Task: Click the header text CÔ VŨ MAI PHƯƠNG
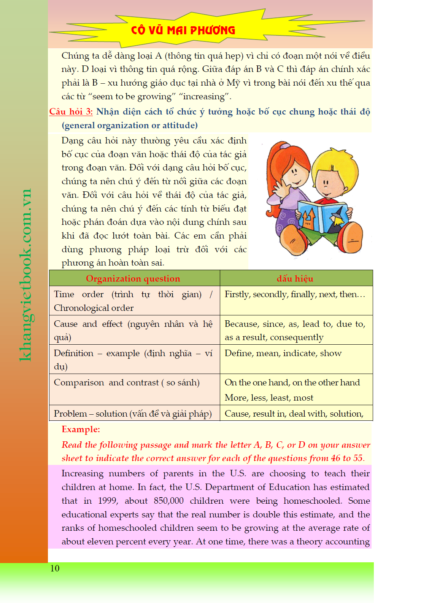(x=183, y=30)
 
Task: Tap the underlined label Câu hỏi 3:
(x=71, y=111)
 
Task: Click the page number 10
(x=55, y=568)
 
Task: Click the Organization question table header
(x=133, y=278)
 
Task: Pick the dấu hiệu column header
(x=295, y=278)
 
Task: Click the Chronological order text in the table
(x=94, y=308)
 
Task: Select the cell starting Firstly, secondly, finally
(x=295, y=294)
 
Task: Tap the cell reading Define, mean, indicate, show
(x=283, y=353)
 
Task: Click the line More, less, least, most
(x=269, y=398)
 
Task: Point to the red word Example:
(x=81, y=429)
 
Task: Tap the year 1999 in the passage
(x=108, y=501)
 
